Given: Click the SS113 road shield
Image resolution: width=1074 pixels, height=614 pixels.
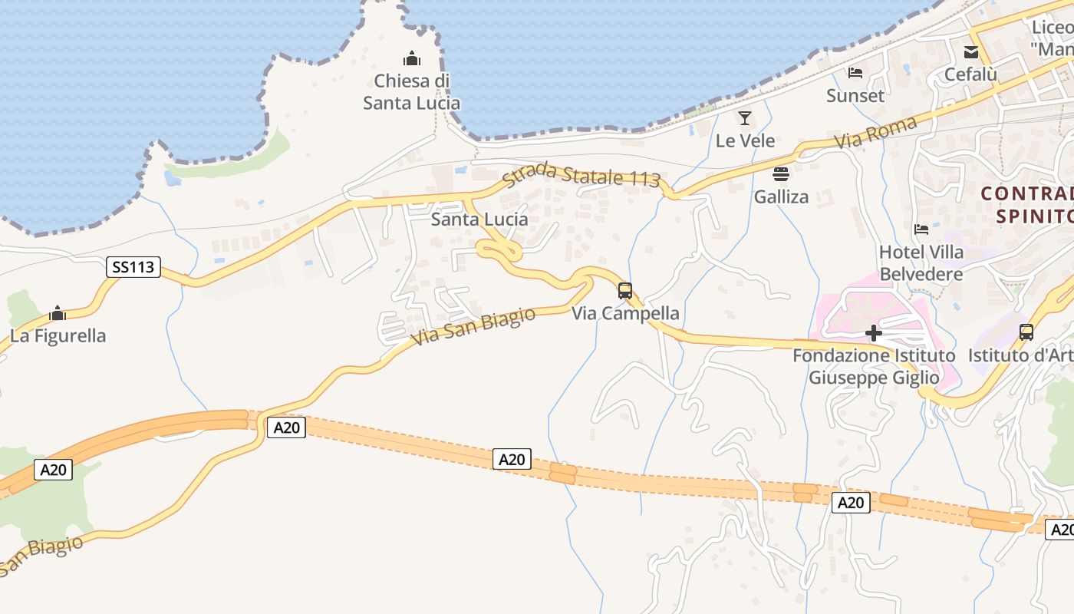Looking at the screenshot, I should pyautogui.click(x=133, y=267).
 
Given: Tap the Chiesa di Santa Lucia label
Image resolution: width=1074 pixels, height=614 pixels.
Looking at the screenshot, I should pyautogui.click(x=412, y=92).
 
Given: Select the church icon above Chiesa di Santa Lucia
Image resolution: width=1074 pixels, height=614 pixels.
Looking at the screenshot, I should pyautogui.click(x=412, y=58).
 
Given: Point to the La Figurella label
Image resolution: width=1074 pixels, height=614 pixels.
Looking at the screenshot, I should pyautogui.click(x=58, y=335).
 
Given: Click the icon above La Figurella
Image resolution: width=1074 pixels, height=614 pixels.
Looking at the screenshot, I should pyautogui.click(x=58, y=313).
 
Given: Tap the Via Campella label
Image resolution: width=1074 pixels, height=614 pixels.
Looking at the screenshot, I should pyautogui.click(x=625, y=313).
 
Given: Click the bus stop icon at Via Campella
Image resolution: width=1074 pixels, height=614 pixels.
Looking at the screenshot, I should pyautogui.click(x=625, y=291).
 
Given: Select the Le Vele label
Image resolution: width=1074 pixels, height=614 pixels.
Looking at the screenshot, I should pyautogui.click(x=745, y=140).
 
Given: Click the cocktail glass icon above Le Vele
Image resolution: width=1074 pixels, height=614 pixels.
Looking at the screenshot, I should pyautogui.click(x=744, y=118).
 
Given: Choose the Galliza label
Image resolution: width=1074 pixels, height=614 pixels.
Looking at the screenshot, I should pyautogui.click(x=781, y=196).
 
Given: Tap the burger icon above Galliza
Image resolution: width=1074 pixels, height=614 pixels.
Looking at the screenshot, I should pyautogui.click(x=781, y=174).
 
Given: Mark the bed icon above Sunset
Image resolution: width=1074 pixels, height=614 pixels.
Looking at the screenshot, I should pyautogui.click(x=855, y=74).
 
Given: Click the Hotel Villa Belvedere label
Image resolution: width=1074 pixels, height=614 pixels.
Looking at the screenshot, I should pyautogui.click(x=921, y=263).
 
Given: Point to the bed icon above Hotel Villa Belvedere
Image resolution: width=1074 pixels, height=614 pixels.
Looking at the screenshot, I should pyautogui.click(x=921, y=229).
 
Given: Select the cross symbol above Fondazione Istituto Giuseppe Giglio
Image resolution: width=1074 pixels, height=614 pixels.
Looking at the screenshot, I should pyautogui.click(x=874, y=333).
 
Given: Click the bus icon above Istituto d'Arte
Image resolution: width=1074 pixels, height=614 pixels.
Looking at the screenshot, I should pyautogui.click(x=1026, y=332).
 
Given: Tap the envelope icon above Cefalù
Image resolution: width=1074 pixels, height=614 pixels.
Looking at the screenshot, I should pyautogui.click(x=971, y=52).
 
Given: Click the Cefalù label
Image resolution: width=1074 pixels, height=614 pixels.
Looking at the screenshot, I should pyautogui.click(x=971, y=74).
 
